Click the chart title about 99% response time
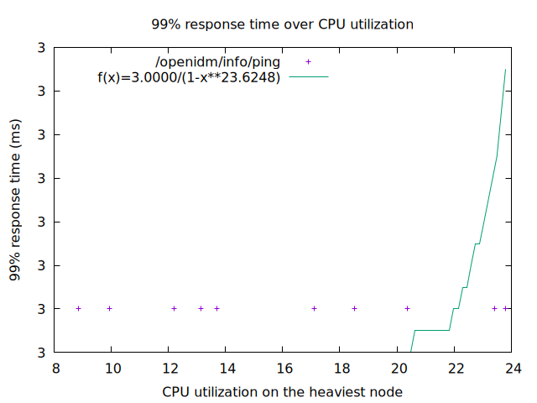pyautogui.click(x=282, y=24)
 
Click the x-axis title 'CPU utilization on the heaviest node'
pyautogui.click(x=282, y=391)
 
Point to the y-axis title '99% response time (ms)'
pyautogui.click(x=15, y=201)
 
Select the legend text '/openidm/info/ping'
pyautogui.click(x=218, y=62)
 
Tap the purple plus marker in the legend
pyautogui.click(x=309, y=62)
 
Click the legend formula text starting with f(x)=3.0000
pyautogui.click(x=189, y=77)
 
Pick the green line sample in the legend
pyautogui.click(x=310, y=77)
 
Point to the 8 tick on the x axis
pyautogui.click(x=55, y=368)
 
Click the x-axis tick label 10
pyautogui.click(x=112, y=368)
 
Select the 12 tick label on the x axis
pyautogui.click(x=169, y=368)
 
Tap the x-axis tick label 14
pyautogui.click(x=227, y=368)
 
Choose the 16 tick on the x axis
pyautogui.click(x=284, y=368)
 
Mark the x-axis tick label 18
pyautogui.click(x=341, y=368)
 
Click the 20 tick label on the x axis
pyautogui.click(x=398, y=368)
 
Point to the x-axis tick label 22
pyautogui.click(x=456, y=368)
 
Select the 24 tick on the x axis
pyautogui.click(x=513, y=368)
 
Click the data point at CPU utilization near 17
pyautogui.click(x=315, y=309)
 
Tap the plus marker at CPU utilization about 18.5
pyautogui.click(x=355, y=309)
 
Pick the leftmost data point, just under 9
pyautogui.click(x=79, y=309)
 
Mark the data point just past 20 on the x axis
pyautogui.click(x=407, y=309)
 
